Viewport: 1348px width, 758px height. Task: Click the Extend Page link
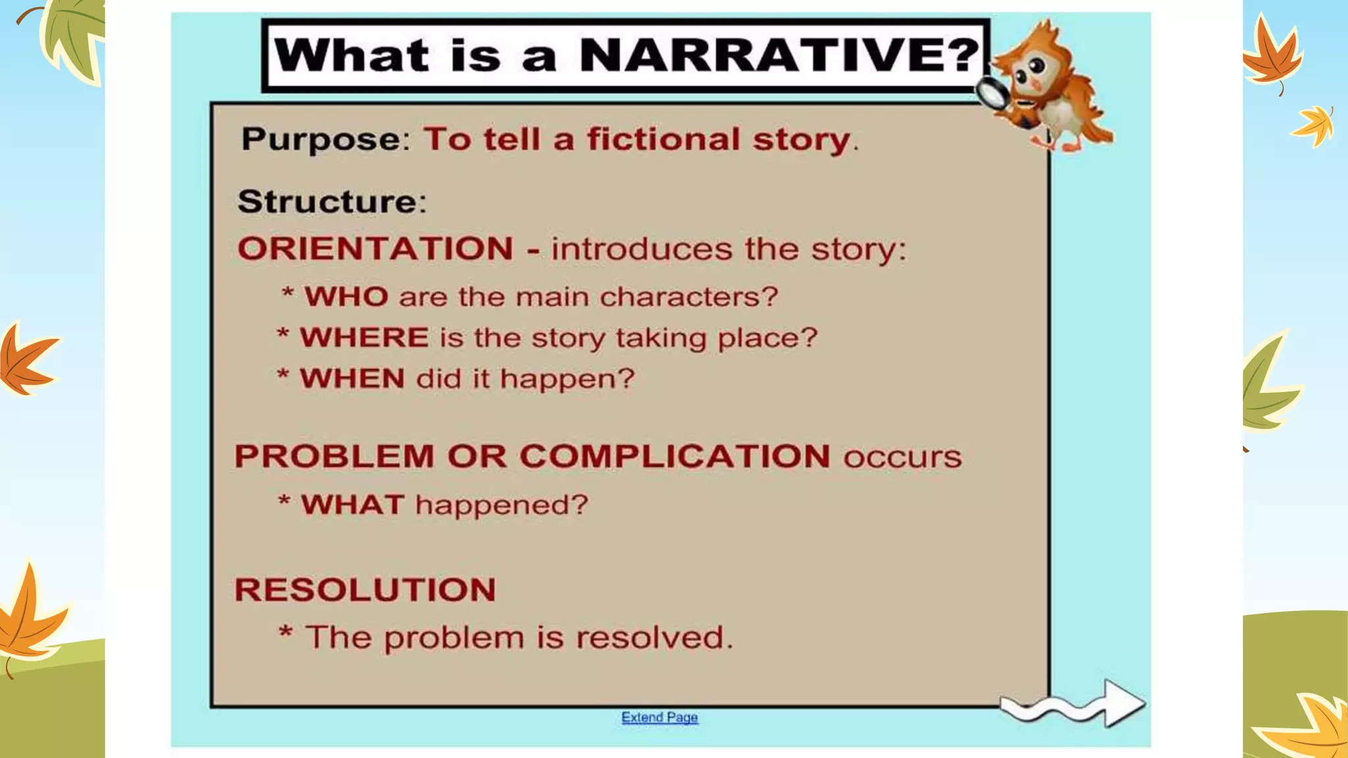[660, 717]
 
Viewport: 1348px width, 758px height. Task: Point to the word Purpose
[321, 139]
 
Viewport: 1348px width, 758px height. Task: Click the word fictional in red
[663, 139]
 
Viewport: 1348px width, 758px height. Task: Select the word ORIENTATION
[375, 249]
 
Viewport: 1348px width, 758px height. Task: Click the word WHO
[346, 297]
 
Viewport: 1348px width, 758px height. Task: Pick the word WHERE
[365, 338]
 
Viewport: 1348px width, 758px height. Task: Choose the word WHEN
[352, 378]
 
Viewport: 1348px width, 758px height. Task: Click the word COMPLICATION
[675, 456]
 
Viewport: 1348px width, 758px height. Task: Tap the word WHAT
[353, 505]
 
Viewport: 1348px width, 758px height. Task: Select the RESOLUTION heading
[365, 590]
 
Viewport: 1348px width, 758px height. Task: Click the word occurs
[902, 457]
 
